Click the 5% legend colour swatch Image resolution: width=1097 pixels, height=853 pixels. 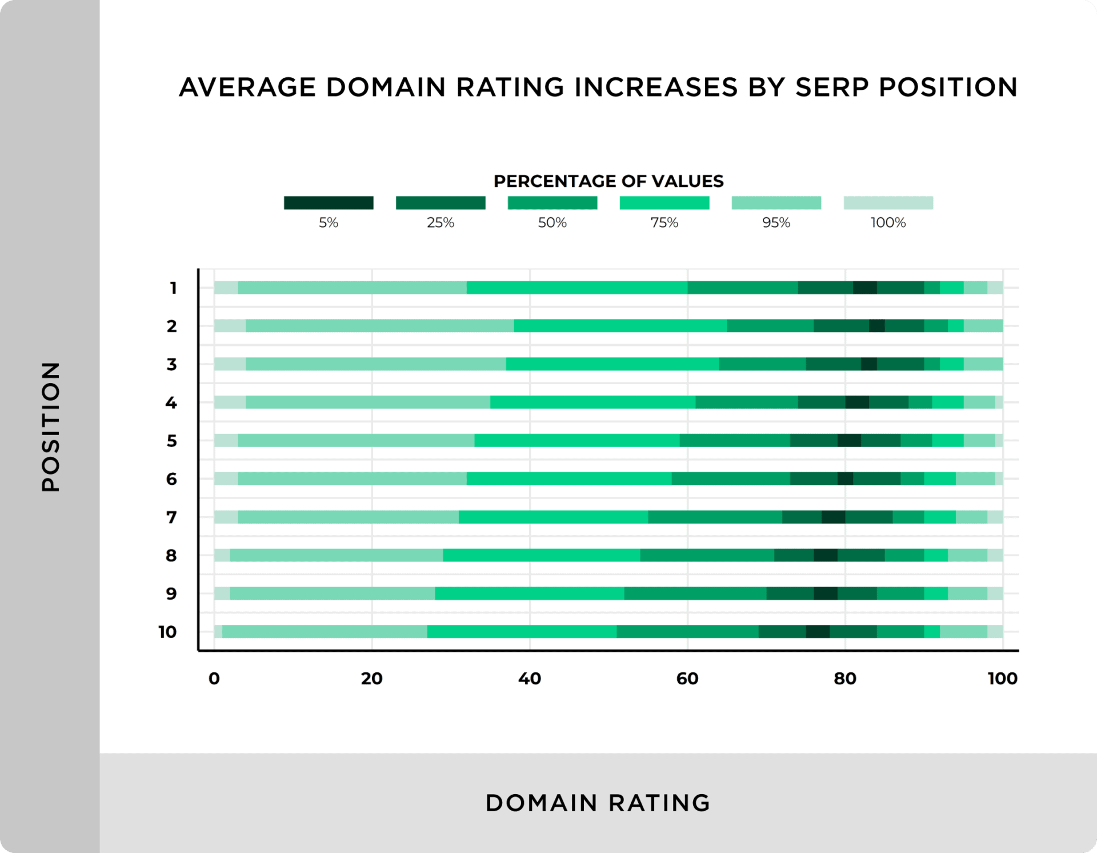(x=329, y=203)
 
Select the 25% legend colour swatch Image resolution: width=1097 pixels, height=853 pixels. (x=441, y=203)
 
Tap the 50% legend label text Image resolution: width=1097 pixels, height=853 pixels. (x=552, y=222)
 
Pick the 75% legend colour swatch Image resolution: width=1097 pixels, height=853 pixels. (x=664, y=203)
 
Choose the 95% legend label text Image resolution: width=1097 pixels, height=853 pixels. (x=776, y=222)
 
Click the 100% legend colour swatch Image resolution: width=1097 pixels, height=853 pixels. (x=888, y=203)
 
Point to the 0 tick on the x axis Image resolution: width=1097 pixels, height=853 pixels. (x=214, y=679)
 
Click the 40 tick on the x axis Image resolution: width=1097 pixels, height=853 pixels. (x=530, y=679)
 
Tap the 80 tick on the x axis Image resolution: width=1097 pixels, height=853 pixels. (x=845, y=679)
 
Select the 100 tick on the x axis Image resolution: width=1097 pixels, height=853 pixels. (x=1002, y=679)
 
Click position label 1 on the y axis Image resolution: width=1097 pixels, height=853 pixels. (x=173, y=288)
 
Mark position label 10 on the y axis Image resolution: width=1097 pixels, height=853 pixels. (x=168, y=632)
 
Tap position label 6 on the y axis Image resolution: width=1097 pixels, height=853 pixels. (x=171, y=479)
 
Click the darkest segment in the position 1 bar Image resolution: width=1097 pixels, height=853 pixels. (x=865, y=288)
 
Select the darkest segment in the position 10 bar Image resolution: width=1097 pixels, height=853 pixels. (x=818, y=632)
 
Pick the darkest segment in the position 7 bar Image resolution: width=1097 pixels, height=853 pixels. (x=833, y=517)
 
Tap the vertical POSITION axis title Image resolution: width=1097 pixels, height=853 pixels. (x=51, y=426)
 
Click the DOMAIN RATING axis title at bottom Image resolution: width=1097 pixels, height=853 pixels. (x=598, y=803)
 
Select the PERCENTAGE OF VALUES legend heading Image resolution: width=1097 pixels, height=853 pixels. (x=608, y=181)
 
